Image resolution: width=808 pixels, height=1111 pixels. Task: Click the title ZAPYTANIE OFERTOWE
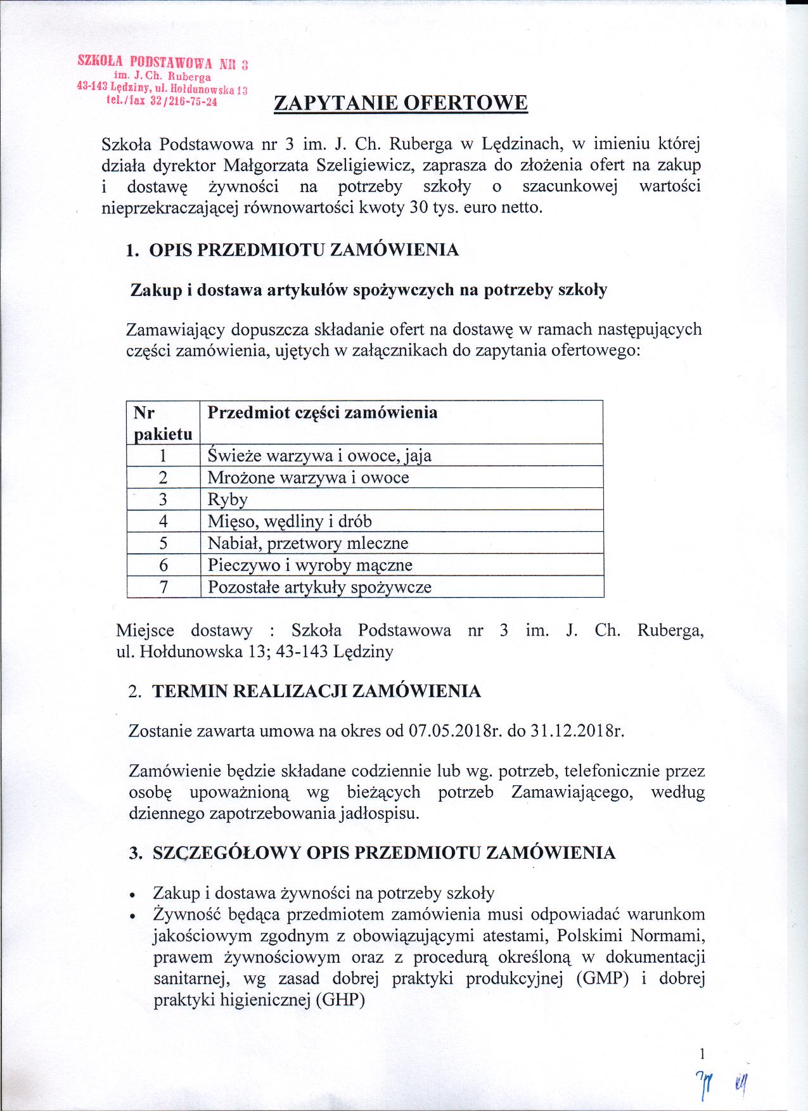[401, 103]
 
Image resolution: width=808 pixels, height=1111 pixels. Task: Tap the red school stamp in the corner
[162, 83]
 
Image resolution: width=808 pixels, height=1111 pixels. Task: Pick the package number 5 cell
[164, 543]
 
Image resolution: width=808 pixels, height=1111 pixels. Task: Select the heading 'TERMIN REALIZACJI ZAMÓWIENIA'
[317, 691]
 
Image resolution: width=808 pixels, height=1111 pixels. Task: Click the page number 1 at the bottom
[702, 1054]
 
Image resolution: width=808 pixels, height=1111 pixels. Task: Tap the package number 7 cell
[164, 587]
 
